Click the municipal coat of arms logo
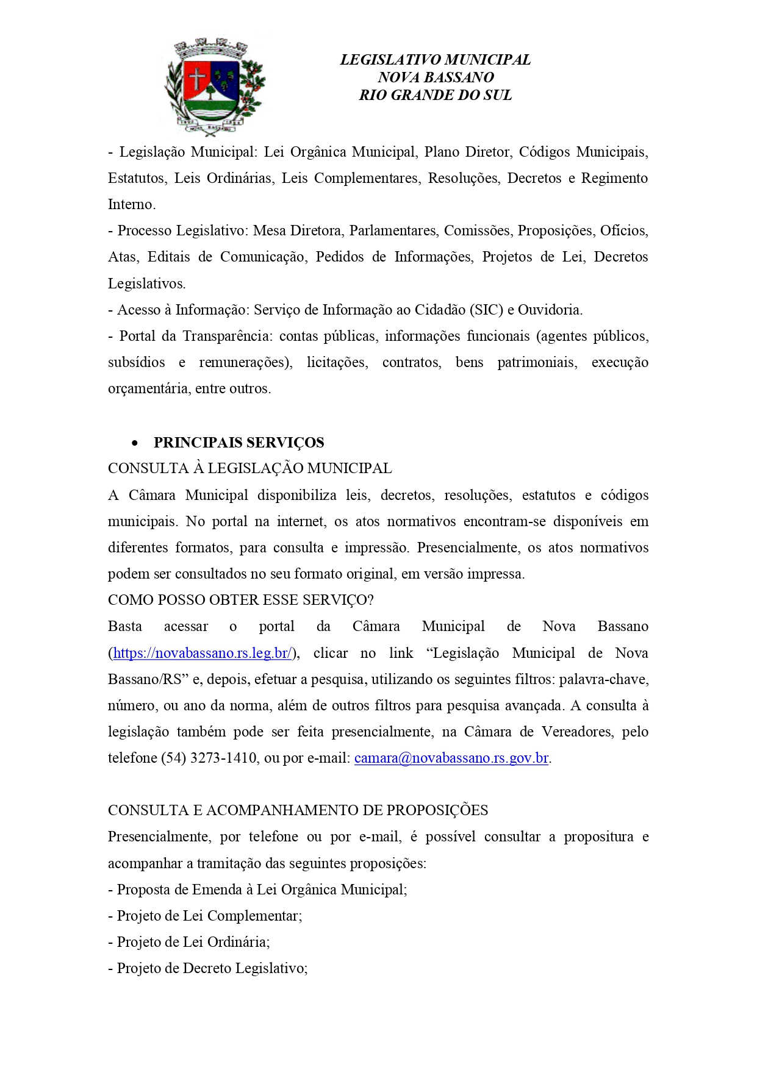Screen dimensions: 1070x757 [x=214, y=86]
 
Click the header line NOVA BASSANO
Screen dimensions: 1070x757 [x=435, y=77]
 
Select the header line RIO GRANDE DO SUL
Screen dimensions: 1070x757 [x=435, y=95]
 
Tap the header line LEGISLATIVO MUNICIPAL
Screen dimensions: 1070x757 [x=435, y=60]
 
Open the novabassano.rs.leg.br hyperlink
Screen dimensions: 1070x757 [x=203, y=653]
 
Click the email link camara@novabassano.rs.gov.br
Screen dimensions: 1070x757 [x=451, y=758]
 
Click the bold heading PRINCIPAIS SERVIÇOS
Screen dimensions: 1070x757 [x=239, y=443]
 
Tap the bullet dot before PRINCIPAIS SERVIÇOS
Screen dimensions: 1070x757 [x=135, y=443]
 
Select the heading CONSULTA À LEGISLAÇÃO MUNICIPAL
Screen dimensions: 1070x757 [x=249, y=468]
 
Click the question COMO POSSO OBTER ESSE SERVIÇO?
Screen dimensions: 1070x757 [x=240, y=600]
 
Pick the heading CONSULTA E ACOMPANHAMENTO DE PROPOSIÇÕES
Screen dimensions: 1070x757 [x=298, y=810]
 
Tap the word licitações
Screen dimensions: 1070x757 [x=337, y=362]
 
